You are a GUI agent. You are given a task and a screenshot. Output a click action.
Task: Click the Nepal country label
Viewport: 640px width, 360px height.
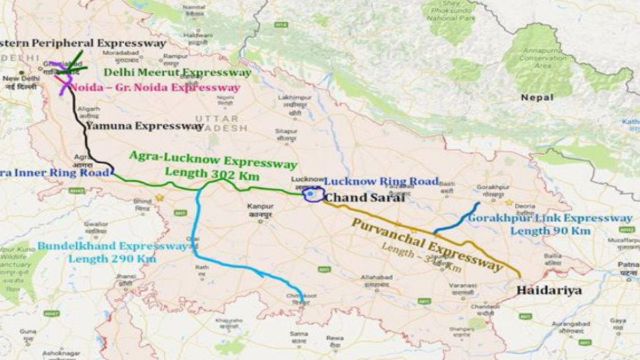[x=537, y=98]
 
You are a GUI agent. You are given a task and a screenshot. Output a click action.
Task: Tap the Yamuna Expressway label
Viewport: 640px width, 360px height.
[x=145, y=126]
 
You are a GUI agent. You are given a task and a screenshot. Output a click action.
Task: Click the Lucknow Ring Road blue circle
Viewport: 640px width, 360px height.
[x=313, y=195]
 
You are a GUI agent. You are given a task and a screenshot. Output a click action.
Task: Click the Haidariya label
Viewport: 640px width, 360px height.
[x=549, y=291]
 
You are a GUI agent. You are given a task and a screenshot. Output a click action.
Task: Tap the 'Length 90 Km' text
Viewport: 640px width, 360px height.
[x=550, y=231]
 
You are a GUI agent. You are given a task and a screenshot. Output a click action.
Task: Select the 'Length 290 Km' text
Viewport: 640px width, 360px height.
[x=112, y=259]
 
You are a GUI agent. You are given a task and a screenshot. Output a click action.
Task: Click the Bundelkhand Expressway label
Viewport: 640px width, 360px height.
[x=113, y=246]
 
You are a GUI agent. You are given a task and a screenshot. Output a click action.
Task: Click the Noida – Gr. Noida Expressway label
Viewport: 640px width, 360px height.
[x=155, y=87]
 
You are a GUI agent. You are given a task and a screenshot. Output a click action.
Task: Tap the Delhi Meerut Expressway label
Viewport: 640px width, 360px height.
[x=177, y=72]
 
